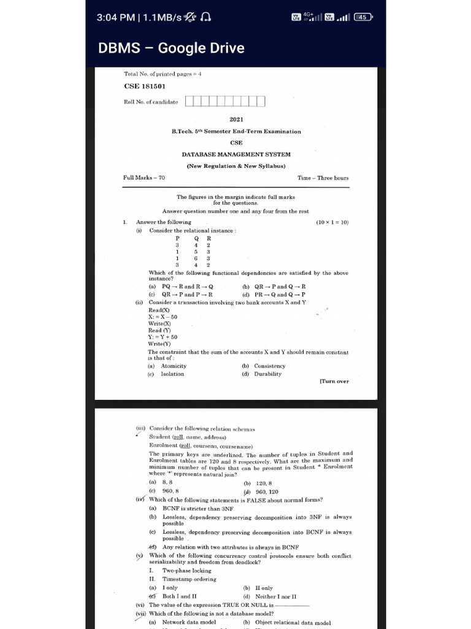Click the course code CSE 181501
coord(145,87)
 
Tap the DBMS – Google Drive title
coord(171,49)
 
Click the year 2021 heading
coord(236,119)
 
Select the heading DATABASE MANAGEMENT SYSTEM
coord(236,154)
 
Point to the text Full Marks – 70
coord(144,178)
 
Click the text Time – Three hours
coord(323,178)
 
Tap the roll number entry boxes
coord(225,101)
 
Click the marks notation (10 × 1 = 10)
coord(332,222)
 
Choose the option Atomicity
coord(174,366)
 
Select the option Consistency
coord(270,366)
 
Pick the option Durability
coord(268,373)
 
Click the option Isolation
coord(172,373)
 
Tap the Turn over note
coord(334,381)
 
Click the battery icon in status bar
coord(363,17)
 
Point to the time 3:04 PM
coord(116,17)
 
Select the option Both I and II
coord(179,596)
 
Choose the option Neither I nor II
coord(275,596)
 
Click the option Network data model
coord(189,622)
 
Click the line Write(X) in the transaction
coord(159,324)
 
